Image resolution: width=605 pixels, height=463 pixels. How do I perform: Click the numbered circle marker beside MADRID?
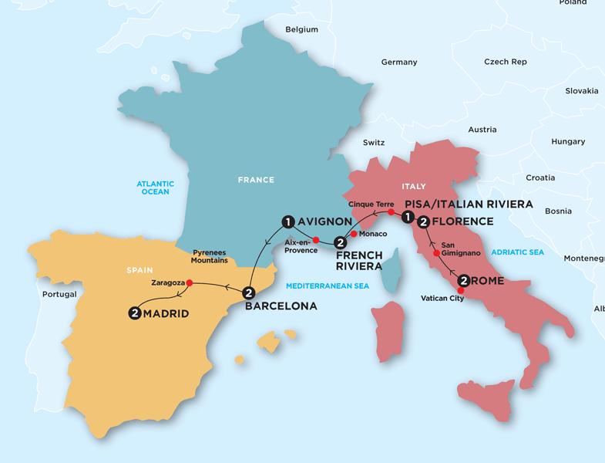tap(136, 313)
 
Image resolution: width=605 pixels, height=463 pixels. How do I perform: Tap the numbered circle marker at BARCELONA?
tap(248, 292)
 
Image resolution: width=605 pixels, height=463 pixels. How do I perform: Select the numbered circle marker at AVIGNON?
tap(287, 222)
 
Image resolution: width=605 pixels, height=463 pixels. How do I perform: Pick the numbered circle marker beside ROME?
tap(464, 281)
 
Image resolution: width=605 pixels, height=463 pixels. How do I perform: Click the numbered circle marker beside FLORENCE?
tap(423, 222)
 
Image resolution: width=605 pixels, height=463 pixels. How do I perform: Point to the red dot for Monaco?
tap(353, 234)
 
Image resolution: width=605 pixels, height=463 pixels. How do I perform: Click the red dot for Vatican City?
tap(461, 290)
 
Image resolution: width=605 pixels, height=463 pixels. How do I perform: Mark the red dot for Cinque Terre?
tap(391, 212)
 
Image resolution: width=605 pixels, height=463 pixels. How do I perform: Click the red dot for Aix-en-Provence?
tap(316, 238)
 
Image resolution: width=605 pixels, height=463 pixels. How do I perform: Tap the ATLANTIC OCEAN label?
tap(156, 188)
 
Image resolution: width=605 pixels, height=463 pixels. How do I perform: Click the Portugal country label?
tap(59, 295)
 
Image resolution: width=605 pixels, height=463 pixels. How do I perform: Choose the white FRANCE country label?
tap(255, 180)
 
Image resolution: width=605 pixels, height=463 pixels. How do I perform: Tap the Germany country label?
tap(399, 62)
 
